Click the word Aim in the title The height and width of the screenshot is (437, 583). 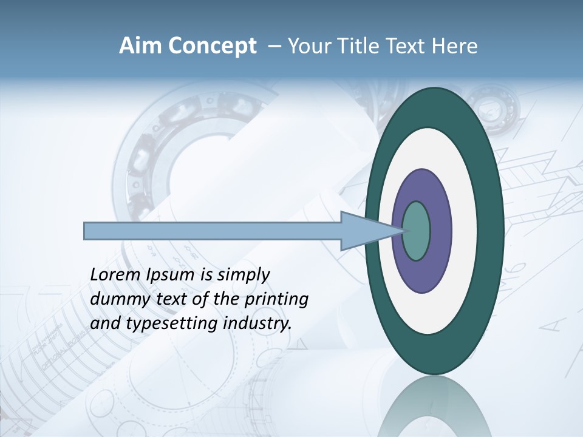(137, 46)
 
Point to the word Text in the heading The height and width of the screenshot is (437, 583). (408, 46)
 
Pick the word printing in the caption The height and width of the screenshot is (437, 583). (276, 300)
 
